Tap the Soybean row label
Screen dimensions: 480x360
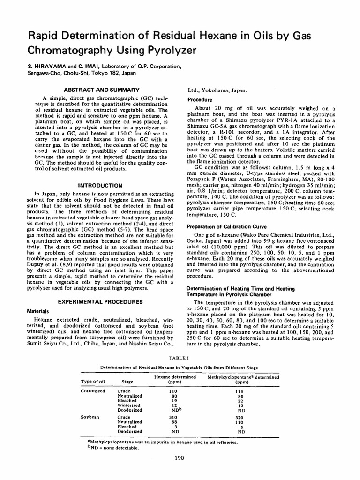90,417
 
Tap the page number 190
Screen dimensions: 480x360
180,458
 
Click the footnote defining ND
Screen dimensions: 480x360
114,448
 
